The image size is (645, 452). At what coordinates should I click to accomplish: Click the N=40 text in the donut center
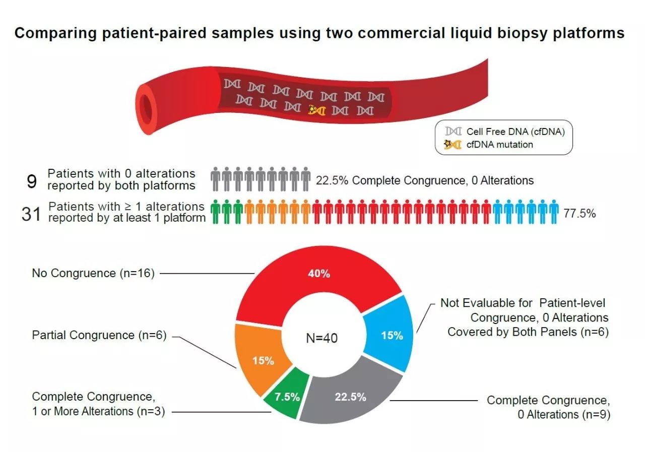(322, 338)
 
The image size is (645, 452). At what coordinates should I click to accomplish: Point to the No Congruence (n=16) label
(93, 274)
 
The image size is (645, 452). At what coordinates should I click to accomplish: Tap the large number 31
(31, 214)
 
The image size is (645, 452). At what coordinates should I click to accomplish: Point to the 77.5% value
(579, 214)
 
